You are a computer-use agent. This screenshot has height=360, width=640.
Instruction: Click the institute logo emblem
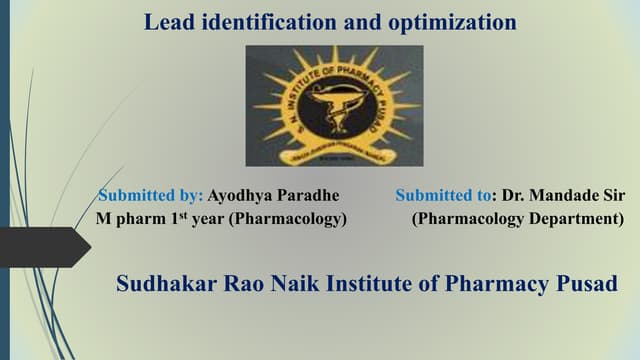pyautogui.click(x=335, y=105)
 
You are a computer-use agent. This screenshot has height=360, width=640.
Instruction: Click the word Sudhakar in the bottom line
pyautogui.click(x=163, y=284)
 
